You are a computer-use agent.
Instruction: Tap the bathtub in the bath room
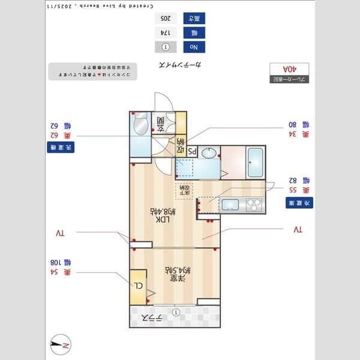point(256,162)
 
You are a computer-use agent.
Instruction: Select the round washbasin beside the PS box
point(209,154)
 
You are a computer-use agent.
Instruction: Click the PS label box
point(193,152)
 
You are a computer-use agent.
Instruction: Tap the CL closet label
point(139,286)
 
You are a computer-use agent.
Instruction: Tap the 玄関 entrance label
point(161,124)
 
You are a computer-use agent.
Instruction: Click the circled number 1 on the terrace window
point(175,312)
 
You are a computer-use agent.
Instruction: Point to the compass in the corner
point(61,344)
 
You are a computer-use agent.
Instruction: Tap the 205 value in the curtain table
point(164,18)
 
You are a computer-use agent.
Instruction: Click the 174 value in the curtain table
point(164,32)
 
